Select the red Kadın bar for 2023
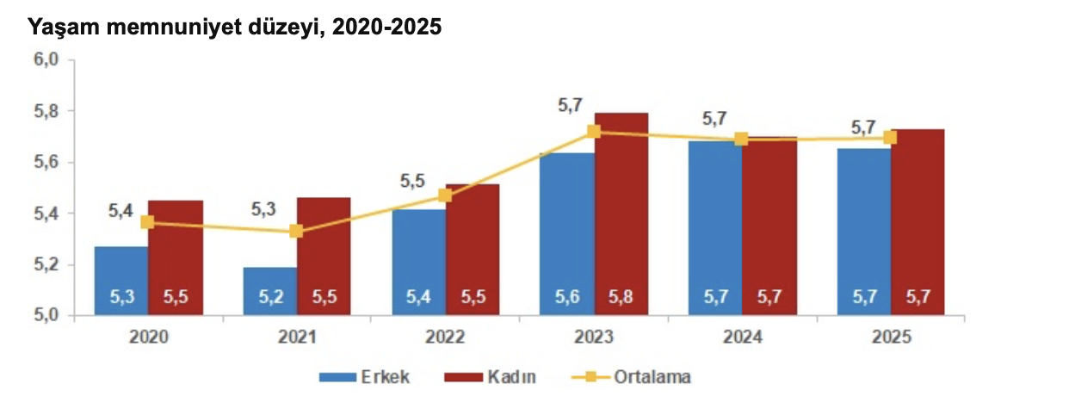(621, 215)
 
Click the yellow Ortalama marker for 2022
(445, 195)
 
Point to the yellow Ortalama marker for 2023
(594, 132)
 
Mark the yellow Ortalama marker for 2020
(147, 222)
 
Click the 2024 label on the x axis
(742, 338)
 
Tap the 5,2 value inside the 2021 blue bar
(269, 298)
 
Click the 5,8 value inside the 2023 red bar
(621, 298)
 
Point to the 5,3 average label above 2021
(263, 209)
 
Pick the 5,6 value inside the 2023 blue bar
(567, 298)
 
